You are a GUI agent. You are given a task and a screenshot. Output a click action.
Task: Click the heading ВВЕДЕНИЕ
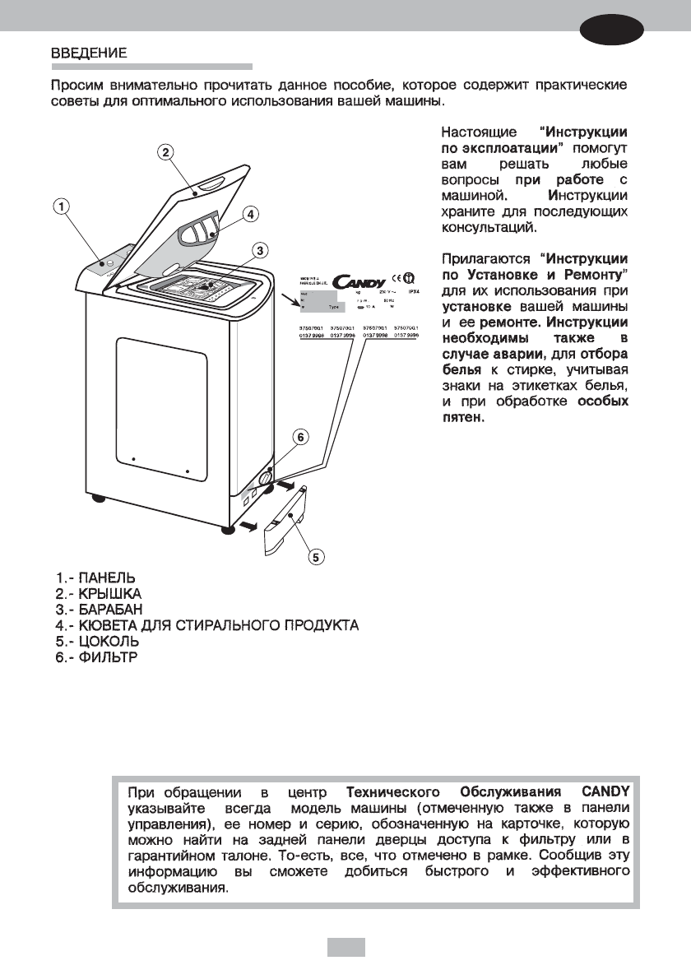[x=89, y=53]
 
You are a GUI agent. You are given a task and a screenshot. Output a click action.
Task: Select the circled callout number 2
[x=165, y=152]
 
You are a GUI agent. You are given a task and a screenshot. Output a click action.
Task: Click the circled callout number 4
[x=251, y=213]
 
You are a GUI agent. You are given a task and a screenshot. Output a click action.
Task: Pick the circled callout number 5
[x=315, y=558]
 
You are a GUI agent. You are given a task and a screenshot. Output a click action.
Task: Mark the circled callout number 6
[x=302, y=437]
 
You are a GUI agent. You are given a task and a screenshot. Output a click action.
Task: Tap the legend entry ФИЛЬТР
[x=104, y=657]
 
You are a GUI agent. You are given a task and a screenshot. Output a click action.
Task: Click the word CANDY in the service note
[x=605, y=791]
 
